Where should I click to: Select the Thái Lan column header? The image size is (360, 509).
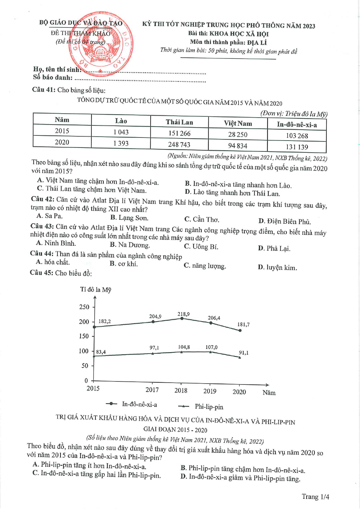[x=179, y=122]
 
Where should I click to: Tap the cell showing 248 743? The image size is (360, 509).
[x=179, y=145]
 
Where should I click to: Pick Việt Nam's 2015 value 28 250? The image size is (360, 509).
[x=238, y=135]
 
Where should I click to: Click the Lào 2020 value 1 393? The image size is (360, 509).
[x=121, y=143]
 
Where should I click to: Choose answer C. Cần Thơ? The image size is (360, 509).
[x=202, y=219]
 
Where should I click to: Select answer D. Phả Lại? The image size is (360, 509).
[x=274, y=248]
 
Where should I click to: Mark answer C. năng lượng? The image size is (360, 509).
[x=205, y=266]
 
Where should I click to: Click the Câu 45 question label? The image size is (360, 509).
[x=42, y=273]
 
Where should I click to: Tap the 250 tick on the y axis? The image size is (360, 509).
[x=84, y=307]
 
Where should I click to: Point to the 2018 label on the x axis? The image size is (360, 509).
[x=181, y=391]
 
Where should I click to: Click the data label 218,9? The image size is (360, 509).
[x=183, y=314]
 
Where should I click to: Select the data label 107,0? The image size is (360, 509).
[x=211, y=347]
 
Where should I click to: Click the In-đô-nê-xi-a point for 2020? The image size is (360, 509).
[x=240, y=331]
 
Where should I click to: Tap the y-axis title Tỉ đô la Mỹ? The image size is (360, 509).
[x=96, y=290]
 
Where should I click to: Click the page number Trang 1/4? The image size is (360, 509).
[x=315, y=497]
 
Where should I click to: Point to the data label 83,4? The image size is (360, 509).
[x=101, y=352]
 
